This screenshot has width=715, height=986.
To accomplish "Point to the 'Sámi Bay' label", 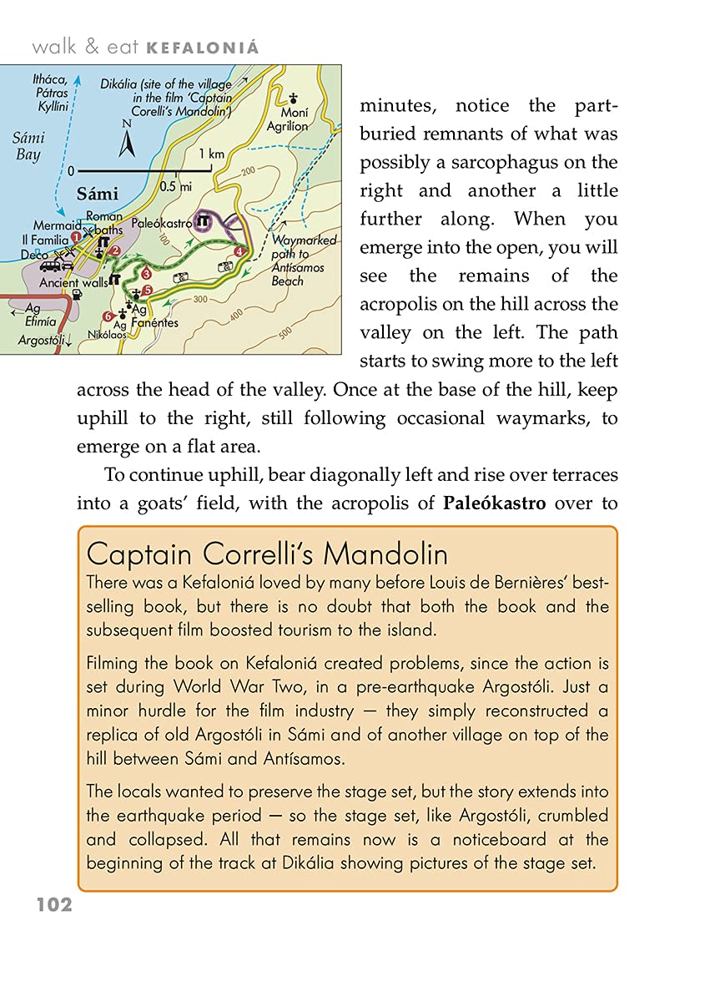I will pyautogui.click(x=28, y=145).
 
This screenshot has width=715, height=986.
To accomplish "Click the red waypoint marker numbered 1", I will pyautogui.click(x=77, y=237).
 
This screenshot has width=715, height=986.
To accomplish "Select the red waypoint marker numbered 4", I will pyautogui.click(x=239, y=251).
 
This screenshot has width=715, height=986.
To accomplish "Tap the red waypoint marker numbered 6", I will pyautogui.click(x=107, y=316).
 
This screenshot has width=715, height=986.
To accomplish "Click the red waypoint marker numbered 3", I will pyautogui.click(x=146, y=273).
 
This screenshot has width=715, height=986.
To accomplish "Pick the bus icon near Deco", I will pyautogui.click(x=50, y=266).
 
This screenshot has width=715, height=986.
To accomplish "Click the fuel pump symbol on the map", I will pyautogui.click(x=76, y=294).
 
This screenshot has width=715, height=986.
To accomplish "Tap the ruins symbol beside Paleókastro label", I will pyautogui.click(x=203, y=222).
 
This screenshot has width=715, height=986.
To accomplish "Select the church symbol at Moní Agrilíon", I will pyautogui.click(x=293, y=97).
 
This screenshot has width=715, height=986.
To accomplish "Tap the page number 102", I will pyautogui.click(x=54, y=905).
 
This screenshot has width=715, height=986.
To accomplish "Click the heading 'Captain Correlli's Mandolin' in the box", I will pyautogui.click(x=267, y=554).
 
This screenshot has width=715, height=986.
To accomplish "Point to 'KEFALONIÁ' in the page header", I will pyautogui.click(x=203, y=48).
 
